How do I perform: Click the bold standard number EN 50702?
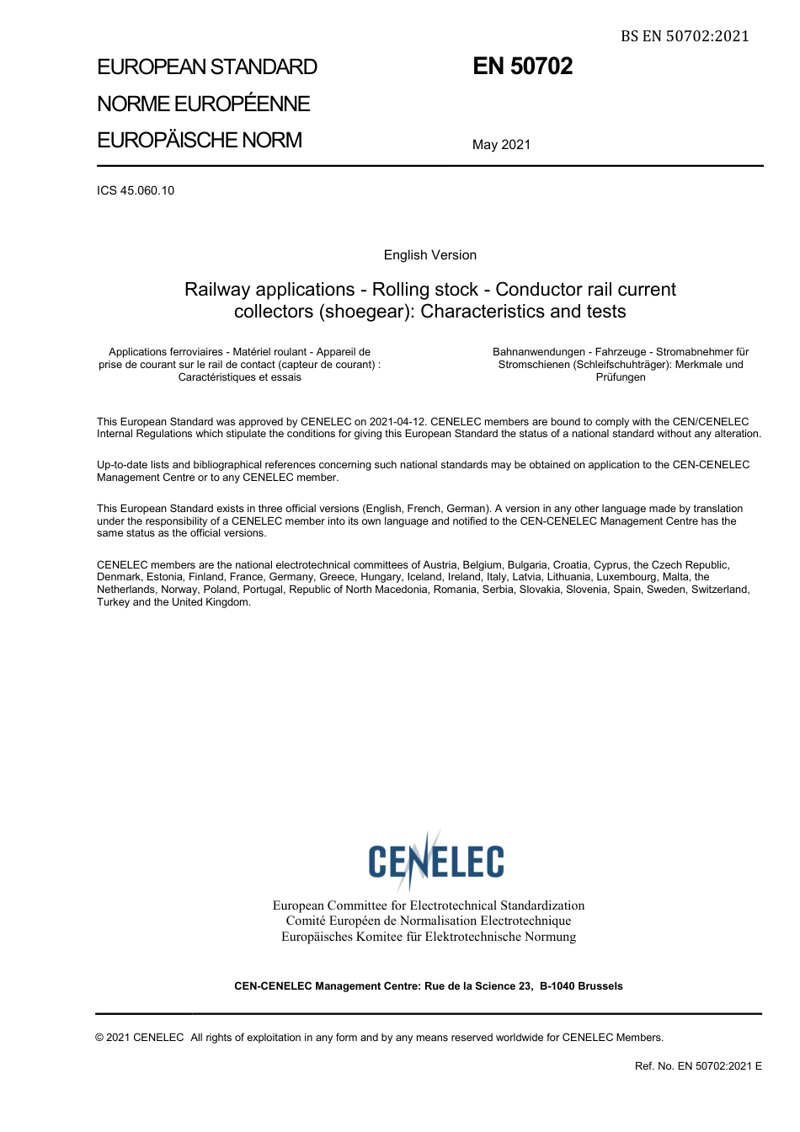click(522, 67)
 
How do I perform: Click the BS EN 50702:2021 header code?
click(685, 35)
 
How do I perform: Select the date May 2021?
click(501, 145)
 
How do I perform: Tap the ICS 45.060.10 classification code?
click(136, 190)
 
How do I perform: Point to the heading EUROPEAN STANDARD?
click(207, 67)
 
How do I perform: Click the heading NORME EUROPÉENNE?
click(203, 104)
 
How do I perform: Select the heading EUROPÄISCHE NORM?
click(200, 140)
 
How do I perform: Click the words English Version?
click(429, 255)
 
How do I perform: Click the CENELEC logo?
click(435, 860)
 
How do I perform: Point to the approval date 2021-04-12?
click(397, 422)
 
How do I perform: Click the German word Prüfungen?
click(621, 377)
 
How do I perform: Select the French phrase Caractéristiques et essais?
click(239, 377)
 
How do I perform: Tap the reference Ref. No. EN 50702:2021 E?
click(698, 1066)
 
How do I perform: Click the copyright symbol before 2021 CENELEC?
click(100, 1038)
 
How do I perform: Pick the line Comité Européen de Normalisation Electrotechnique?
click(428, 921)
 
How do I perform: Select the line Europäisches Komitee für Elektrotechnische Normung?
click(429, 937)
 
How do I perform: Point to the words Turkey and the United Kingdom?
click(173, 602)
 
